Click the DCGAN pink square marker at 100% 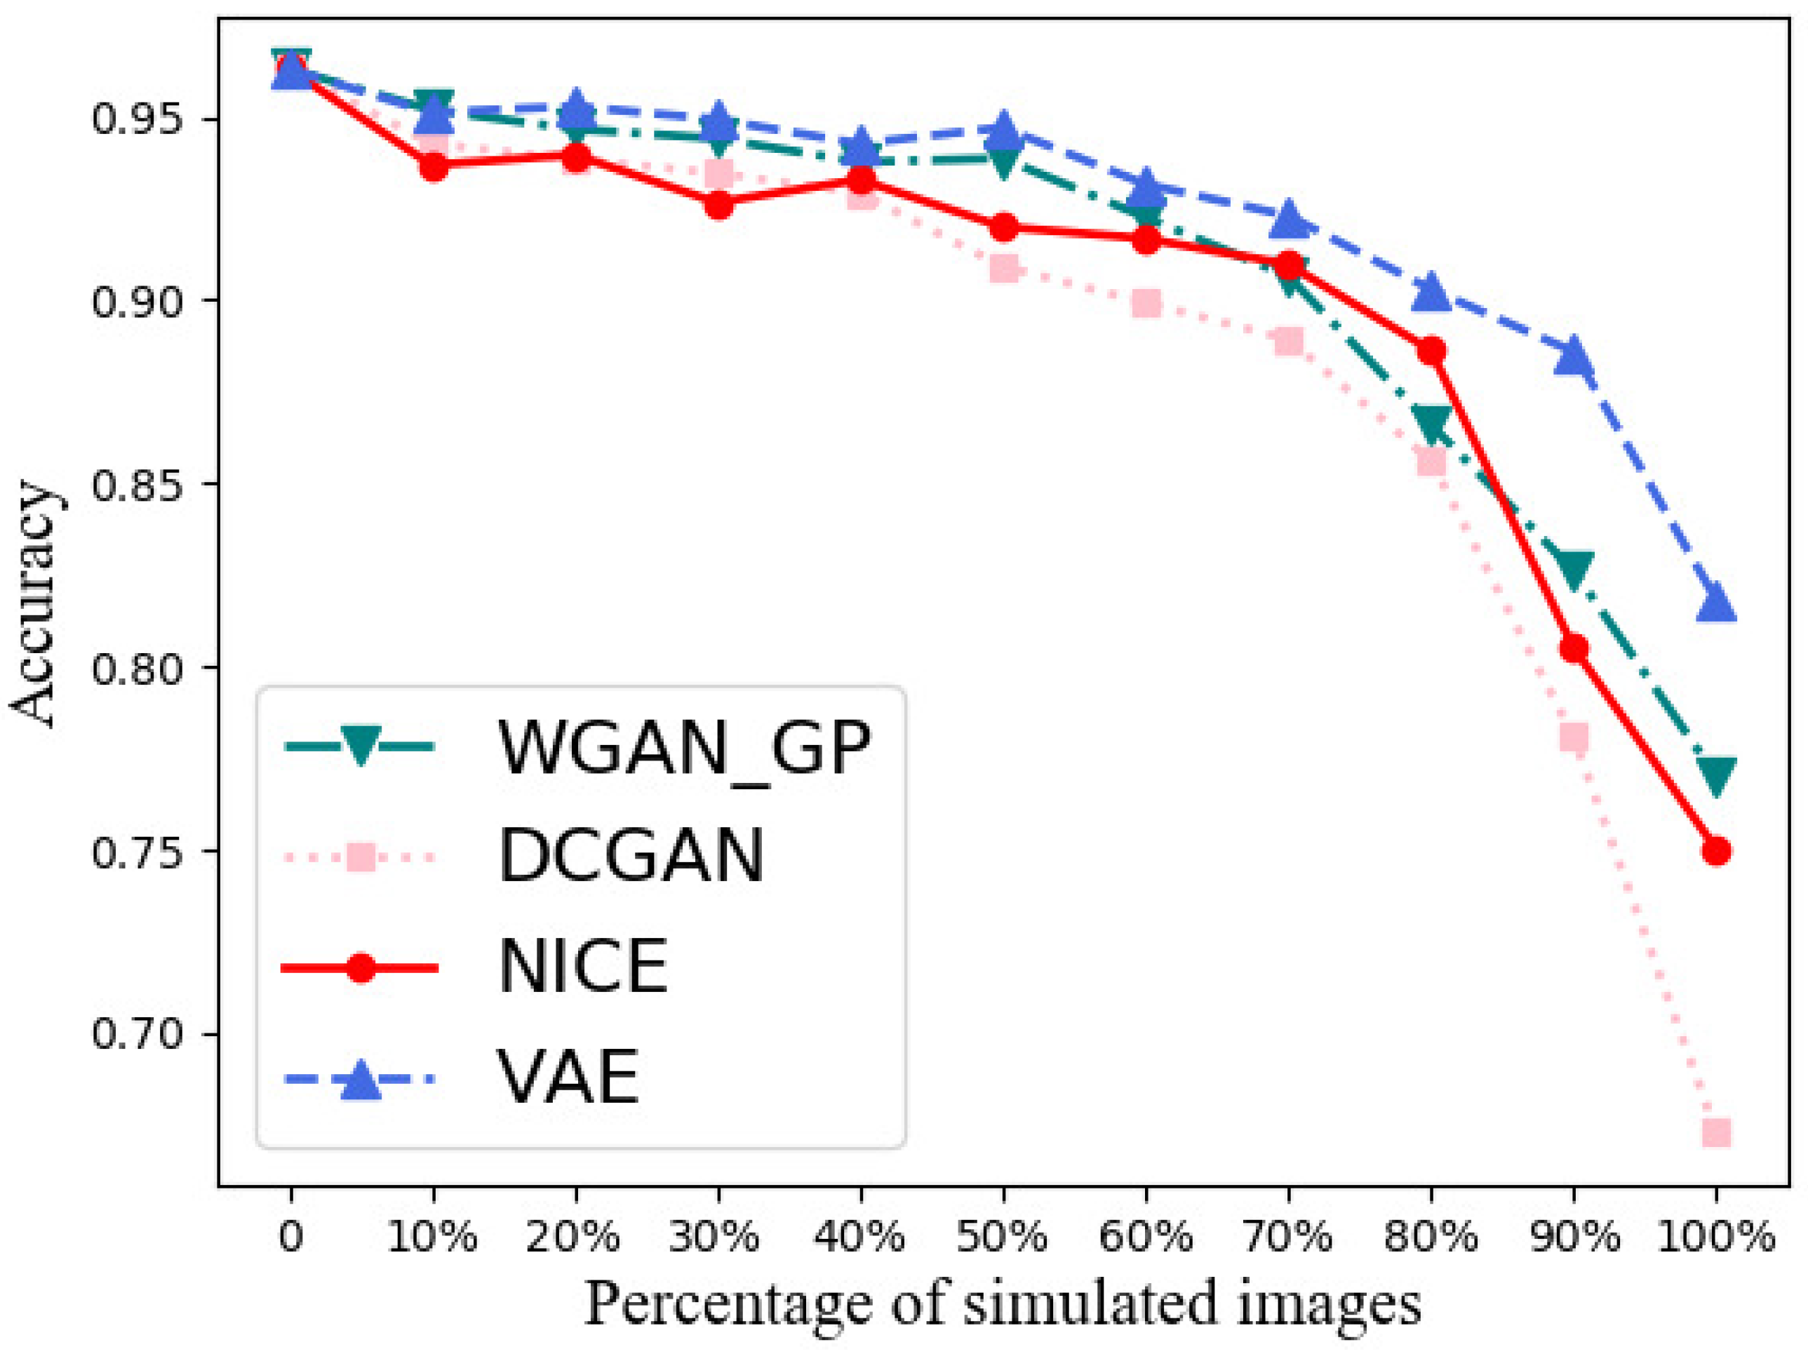click(1715, 1132)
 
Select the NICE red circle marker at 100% click(1715, 851)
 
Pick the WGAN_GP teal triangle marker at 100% click(1715, 773)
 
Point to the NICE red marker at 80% click(1431, 351)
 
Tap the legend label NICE click(584, 967)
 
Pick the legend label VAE click(569, 1077)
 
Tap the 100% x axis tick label click(1715, 1236)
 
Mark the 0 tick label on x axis click(290, 1236)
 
